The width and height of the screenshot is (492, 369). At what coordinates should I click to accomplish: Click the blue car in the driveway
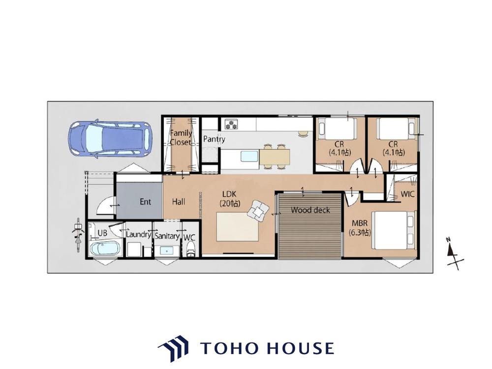tap(110, 139)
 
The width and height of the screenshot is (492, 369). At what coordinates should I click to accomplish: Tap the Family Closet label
tap(181, 137)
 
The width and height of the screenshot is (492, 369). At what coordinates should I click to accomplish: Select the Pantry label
tap(214, 139)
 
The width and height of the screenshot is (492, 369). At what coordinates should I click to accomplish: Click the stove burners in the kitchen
tap(231, 124)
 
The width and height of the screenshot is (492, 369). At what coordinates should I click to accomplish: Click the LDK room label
tap(230, 198)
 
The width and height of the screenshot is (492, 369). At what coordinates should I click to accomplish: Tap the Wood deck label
tap(310, 210)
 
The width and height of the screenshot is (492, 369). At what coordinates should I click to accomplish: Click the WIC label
tap(407, 194)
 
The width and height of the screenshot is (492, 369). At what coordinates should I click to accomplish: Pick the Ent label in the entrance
tap(145, 202)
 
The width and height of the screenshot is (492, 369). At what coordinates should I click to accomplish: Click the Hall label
tap(179, 201)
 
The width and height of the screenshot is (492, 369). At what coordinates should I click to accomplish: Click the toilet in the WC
tap(190, 251)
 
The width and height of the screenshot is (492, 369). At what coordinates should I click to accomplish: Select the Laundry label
tap(138, 234)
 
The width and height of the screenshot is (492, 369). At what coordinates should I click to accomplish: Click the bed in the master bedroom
tap(394, 230)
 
